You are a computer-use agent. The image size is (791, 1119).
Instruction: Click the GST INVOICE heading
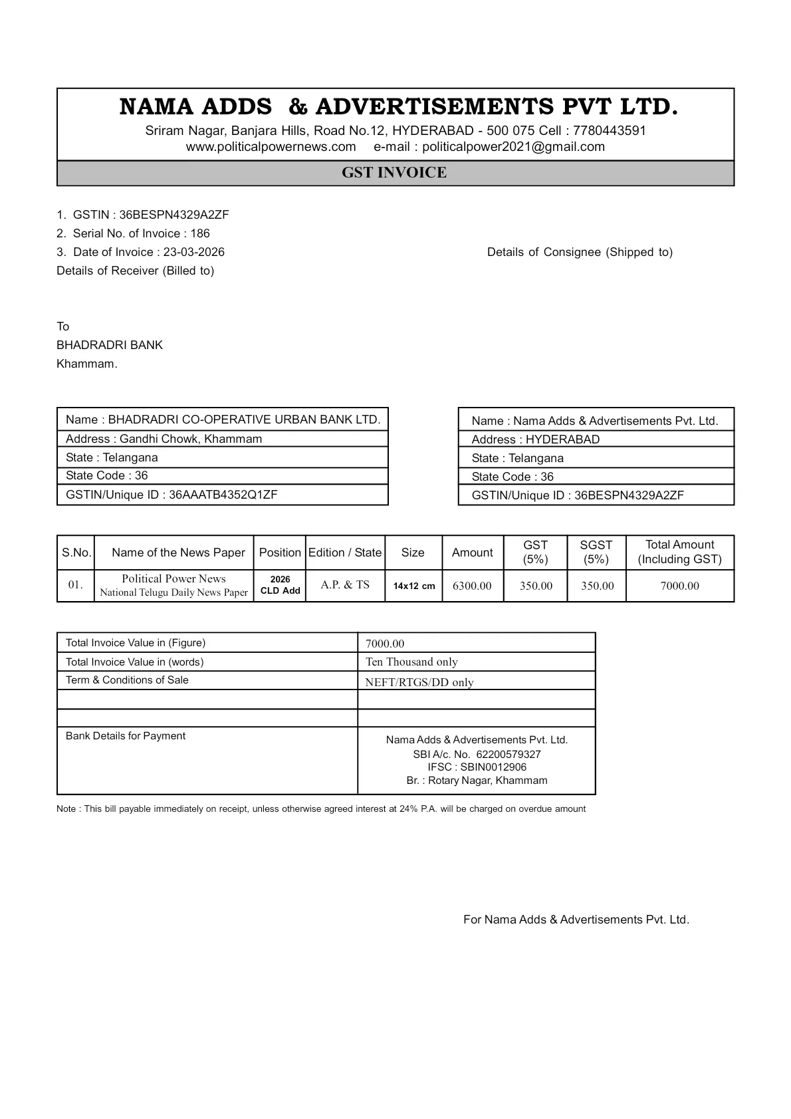pos(394,173)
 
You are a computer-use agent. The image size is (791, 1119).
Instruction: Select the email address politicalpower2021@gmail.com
pos(513,147)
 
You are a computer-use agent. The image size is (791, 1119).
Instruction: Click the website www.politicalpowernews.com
pos(271,147)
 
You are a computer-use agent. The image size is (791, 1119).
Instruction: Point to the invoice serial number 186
pos(200,233)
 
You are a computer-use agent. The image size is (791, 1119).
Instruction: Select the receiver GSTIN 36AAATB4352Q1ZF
pos(223,495)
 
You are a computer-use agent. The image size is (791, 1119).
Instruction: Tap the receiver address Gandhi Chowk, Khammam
pos(191,439)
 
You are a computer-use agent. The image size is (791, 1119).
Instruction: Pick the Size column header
pos(413,553)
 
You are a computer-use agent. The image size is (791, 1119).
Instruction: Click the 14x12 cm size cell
pos(413,586)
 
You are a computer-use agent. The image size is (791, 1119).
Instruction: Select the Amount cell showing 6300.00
pos(472,586)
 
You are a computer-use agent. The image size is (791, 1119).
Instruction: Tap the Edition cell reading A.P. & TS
pos(345,585)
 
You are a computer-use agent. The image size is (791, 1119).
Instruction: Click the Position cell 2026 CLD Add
pos(280,585)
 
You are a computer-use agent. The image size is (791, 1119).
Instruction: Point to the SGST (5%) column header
pos(596,552)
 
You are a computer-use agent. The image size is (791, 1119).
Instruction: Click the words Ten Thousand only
pos(411,662)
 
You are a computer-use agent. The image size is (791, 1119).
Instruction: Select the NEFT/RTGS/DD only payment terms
pos(419,682)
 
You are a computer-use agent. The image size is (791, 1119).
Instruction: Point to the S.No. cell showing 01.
pos(75,585)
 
